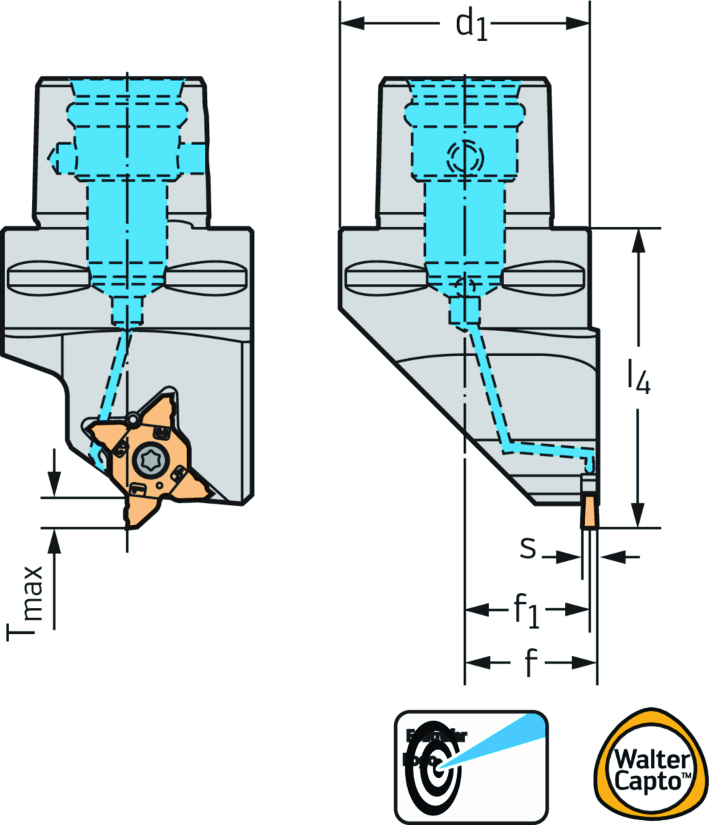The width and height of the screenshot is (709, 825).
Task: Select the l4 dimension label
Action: pyautogui.click(x=638, y=378)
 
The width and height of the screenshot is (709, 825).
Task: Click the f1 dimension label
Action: pyautogui.click(x=526, y=611)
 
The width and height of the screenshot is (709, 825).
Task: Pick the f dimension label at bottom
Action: pyautogui.click(x=530, y=664)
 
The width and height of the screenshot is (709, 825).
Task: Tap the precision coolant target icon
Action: pyautogui.click(x=471, y=765)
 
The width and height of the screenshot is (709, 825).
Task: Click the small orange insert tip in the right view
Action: pyautogui.click(x=589, y=512)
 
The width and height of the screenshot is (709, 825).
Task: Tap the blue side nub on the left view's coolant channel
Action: pyautogui.click(x=57, y=156)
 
